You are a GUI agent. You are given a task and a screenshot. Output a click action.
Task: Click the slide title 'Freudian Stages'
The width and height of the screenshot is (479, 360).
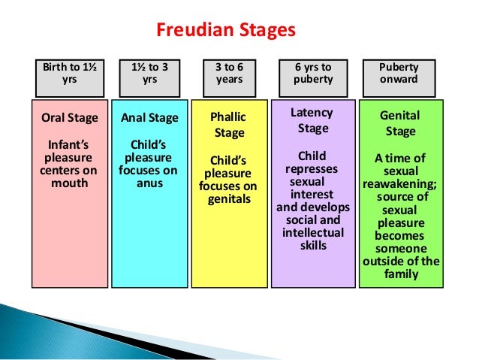pos(226,31)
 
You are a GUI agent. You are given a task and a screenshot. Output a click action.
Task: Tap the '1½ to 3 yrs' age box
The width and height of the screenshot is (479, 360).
pos(149,73)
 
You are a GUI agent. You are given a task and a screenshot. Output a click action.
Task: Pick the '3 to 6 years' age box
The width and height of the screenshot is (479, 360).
pos(230,73)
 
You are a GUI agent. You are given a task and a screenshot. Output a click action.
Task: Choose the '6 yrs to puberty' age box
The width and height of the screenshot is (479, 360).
pos(312,73)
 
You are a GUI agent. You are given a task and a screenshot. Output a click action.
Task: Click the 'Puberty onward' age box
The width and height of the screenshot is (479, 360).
pos(399,73)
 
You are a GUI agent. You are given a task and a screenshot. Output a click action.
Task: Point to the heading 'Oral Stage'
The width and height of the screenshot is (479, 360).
pos(68,118)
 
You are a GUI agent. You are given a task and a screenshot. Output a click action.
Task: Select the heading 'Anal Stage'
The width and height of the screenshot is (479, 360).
pos(149,118)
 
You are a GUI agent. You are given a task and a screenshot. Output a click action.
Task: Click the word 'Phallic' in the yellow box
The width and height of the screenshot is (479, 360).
pos(230,118)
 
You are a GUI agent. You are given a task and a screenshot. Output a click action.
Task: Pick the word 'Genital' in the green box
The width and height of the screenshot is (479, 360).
pos(400,116)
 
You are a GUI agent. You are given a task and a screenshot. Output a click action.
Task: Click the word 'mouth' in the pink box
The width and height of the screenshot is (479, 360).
pos(69,183)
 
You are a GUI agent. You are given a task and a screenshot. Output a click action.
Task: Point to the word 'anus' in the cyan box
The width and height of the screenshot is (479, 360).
pos(149,183)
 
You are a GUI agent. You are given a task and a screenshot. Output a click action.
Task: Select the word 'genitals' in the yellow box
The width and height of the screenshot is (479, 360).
pos(230,199)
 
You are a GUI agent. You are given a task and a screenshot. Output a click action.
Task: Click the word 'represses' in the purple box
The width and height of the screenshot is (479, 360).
pos(312,169)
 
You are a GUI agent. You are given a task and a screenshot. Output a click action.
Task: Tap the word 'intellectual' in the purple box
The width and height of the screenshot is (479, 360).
pos(313,232)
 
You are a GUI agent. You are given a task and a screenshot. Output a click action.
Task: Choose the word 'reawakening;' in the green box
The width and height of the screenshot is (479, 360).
pos(400,184)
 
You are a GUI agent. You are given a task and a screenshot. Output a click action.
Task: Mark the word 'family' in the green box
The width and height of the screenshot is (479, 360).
pos(400,274)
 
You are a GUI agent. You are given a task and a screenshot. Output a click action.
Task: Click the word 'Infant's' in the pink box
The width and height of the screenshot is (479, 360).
pos(69,144)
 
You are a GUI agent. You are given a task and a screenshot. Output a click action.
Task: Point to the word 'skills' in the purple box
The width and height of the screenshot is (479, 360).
pos(313,245)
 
